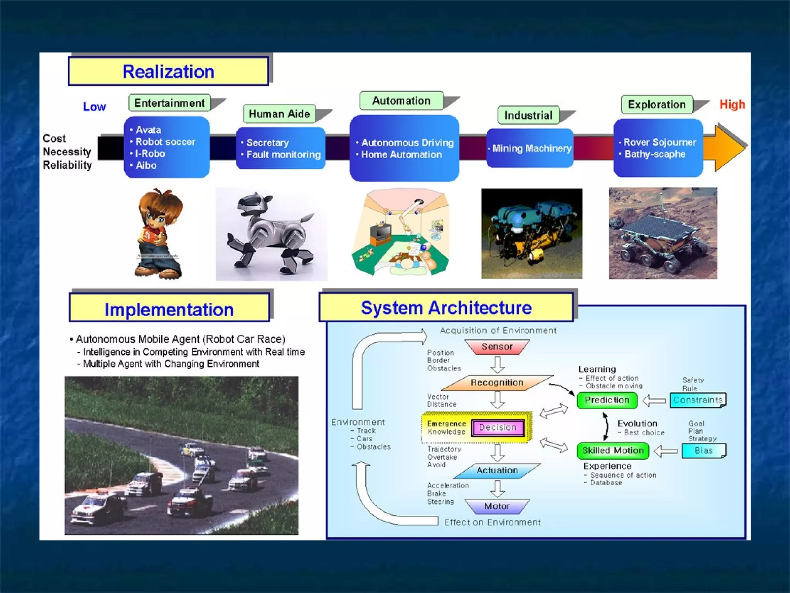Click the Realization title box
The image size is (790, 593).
pyautogui.click(x=168, y=71)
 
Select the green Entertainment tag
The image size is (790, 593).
pyautogui.click(x=169, y=103)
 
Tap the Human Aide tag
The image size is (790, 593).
pyautogui.click(x=279, y=114)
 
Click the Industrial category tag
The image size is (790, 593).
pyautogui.click(x=528, y=115)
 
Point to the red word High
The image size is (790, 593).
pyautogui.click(x=732, y=105)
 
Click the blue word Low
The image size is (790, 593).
pyautogui.click(x=94, y=107)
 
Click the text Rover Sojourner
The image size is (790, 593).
pyautogui.click(x=660, y=142)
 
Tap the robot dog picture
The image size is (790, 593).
pyautogui.click(x=271, y=234)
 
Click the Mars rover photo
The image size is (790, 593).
pyautogui.click(x=663, y=233)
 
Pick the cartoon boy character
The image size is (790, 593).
pyautogui.click(x=159, y=234)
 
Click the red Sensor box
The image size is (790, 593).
pyautogui.click(x=497, y=347)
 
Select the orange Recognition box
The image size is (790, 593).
pyautogui.click(x=497, y=383)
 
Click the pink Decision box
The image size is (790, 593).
pyautogui.click(x=498, y=427)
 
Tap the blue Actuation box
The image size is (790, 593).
pyautogui.click(x=497, y=470)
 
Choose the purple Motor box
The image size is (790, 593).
pyautogui.click(x=497, y=506)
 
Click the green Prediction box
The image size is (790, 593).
pyautogui.click(x=607, y=400)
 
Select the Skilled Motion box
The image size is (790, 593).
pyautogui.click(x=613, y=451)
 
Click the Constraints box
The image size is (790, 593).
pyautogui.click(x=697, y=400)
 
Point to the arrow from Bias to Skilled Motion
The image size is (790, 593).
pyautogui.click(x=666, y=451)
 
